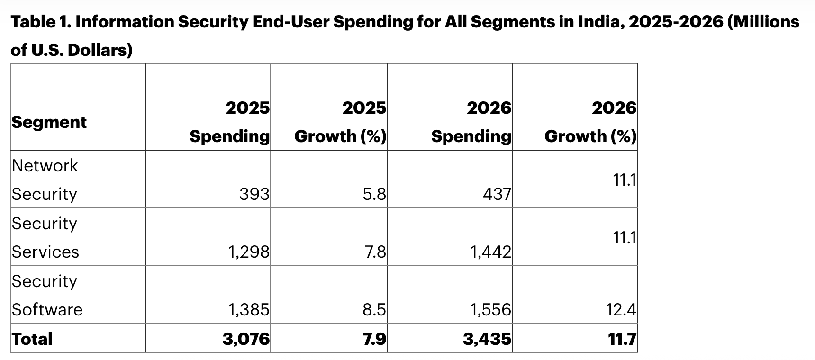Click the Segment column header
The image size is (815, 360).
(49, 122)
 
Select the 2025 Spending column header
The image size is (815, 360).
(230, 122)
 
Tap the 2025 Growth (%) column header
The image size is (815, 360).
(340, 122)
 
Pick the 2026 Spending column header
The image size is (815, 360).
(471, 122)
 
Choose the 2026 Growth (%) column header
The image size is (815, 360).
(590, 122)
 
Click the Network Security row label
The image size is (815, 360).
(45, 180)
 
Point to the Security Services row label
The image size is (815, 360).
(45, 237)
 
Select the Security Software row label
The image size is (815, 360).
(47, 295)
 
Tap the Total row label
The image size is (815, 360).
(32, 339)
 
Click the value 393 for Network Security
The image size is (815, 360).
(254, 194)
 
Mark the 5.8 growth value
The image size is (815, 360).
(374, 194)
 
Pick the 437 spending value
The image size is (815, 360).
(497, 194)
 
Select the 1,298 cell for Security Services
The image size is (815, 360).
(249, 252)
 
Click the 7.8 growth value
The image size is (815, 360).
(375, 252)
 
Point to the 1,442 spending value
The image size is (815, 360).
(491, 252)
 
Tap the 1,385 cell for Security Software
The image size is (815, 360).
(249, 309)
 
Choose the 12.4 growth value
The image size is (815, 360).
(621, 309)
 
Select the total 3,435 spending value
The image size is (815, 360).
(488, 339)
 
